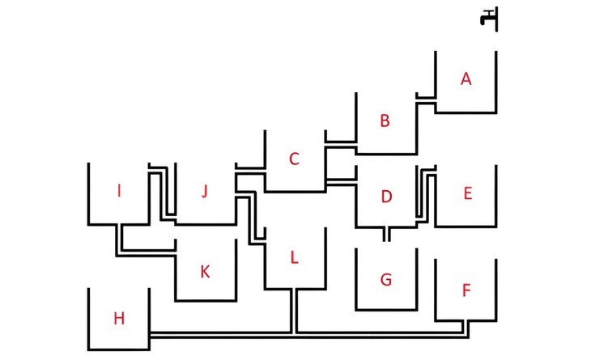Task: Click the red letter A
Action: [x=466, y=78]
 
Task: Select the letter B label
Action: [x=385, y=121]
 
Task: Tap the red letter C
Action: [x=294, y=159]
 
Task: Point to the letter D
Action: [x=386, y=197]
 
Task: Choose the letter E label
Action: [x=467, y=193]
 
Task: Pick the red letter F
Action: [x=466, y=289]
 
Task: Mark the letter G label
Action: [x=386, y=280]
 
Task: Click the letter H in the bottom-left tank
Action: [x=119, y=319]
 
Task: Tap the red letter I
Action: [x=119, y=191]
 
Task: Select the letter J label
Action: [x=205, y=192]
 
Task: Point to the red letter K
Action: [x=205, y=272]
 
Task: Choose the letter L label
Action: [x=294, y=258]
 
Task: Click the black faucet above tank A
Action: [x=490, y=19]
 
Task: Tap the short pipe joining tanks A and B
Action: [x=426, y=98]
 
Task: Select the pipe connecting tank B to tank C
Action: [x=340, y=142]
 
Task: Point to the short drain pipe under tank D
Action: [x=386, y=234]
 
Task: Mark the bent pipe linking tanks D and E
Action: [x=425, y=194]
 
